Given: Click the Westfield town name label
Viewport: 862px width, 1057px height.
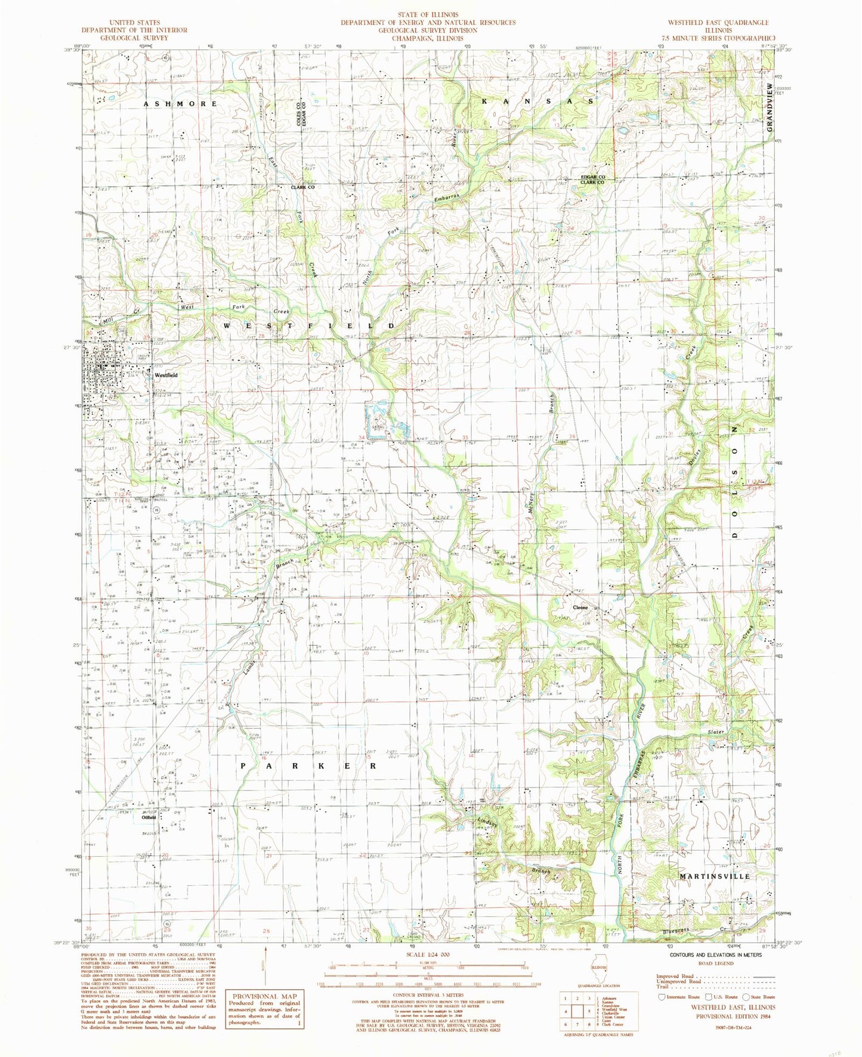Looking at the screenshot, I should (166, 376).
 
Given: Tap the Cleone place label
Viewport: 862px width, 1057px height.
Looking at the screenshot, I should (580, 607).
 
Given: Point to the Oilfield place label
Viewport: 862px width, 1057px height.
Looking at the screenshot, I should (149, 817).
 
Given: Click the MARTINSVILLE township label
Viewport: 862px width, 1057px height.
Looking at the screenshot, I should (715, 876).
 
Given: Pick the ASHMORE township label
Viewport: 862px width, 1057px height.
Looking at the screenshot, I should (180, 104).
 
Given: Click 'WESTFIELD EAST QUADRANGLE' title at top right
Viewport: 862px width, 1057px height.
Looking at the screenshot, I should (717, 22).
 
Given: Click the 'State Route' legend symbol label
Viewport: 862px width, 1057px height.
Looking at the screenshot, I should (762, 997).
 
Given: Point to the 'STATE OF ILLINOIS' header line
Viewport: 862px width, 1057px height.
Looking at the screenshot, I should (428, 14).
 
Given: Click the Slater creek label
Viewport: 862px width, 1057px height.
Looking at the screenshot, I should (716, 731).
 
